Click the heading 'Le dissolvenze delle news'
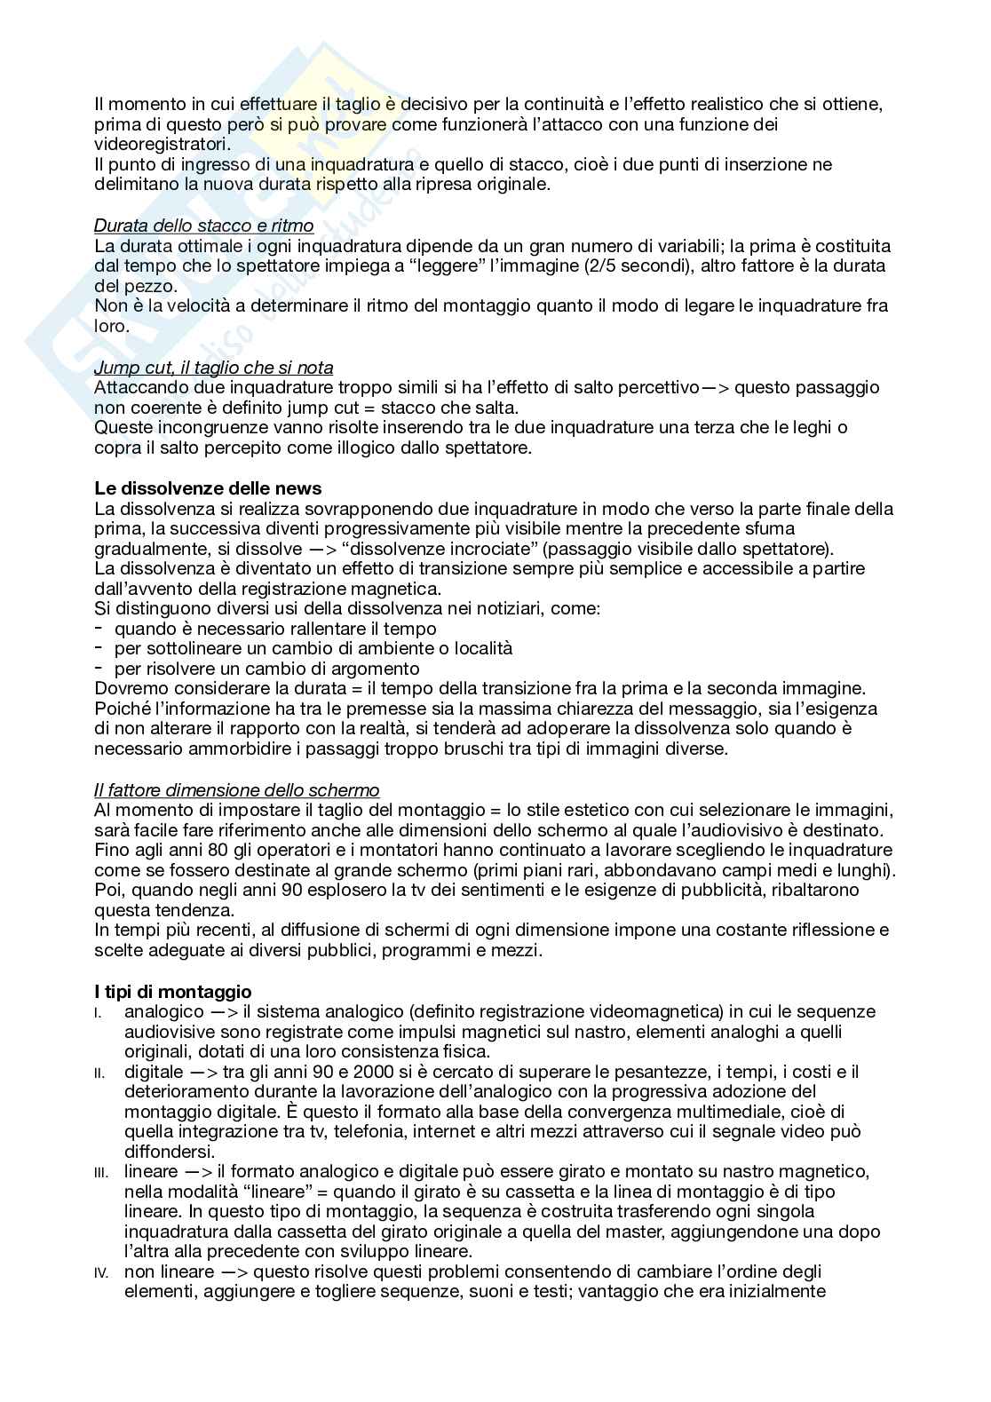pos(208,488)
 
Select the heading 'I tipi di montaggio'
pos(172,992)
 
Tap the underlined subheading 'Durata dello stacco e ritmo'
pos(203,226)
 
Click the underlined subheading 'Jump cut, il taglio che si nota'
pos(213,368)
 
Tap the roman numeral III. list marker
pos(100,1174)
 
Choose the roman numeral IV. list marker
pos(100,1274)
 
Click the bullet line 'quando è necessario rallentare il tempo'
pos(275,629)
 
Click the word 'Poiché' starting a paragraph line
pos(120,709)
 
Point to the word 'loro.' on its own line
pos(112,326)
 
